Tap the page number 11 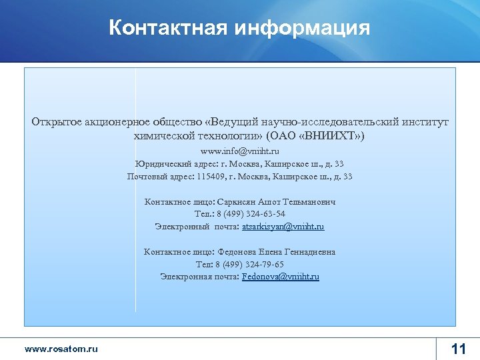459,349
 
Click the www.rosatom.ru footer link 61,349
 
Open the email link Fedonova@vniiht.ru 281,276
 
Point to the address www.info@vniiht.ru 240,151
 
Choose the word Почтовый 147,177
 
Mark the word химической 163,135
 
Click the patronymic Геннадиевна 308,252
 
